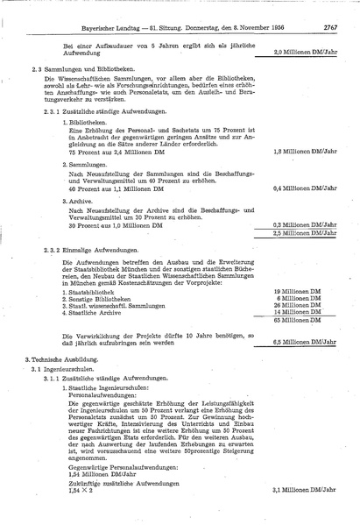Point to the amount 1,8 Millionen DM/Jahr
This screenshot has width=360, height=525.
pos(304,152)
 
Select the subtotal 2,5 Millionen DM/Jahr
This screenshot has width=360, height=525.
pos(304,233)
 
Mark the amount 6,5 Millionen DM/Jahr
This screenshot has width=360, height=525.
pos(304,343)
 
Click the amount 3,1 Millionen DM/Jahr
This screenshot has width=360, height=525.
pos(304,489)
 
